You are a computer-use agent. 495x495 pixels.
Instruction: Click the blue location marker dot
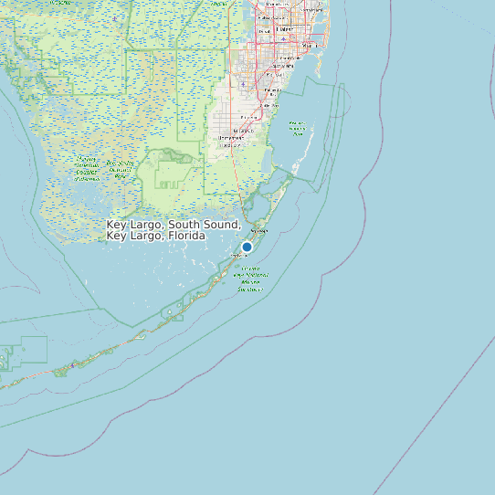247,247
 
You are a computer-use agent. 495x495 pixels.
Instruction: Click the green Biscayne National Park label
297,128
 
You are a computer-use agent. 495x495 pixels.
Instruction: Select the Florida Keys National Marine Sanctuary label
250,279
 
